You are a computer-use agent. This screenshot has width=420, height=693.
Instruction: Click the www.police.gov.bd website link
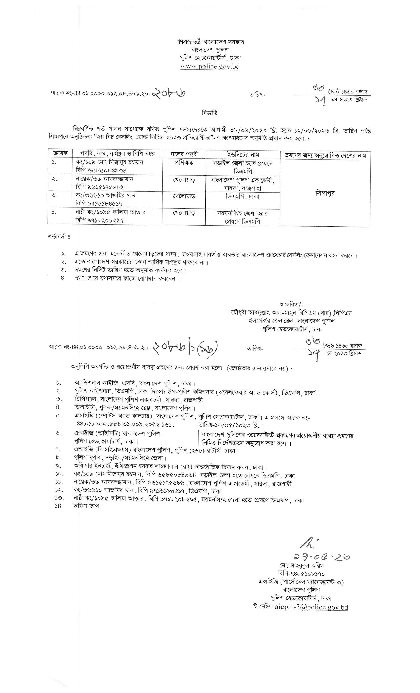tap(210, 67)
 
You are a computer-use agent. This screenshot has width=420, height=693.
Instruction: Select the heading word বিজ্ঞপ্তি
tap(209, 113)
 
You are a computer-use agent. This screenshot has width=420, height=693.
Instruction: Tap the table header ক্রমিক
tap(60, 154)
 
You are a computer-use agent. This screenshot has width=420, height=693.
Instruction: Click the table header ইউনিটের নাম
tap(243, 154)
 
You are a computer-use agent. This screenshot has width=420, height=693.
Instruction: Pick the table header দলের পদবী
tap(184, 154)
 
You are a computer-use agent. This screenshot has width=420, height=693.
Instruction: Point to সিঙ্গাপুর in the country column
tap(325, 193)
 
